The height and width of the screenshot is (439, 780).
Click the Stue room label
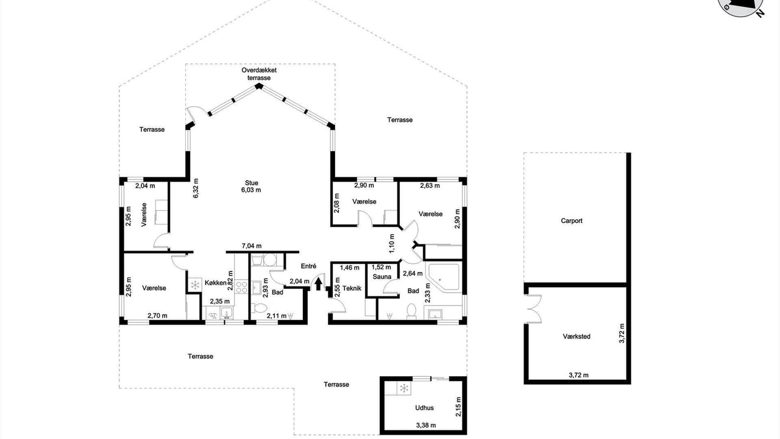click(x=252, y=183)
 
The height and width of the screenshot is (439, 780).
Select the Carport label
click(x=572, y=221)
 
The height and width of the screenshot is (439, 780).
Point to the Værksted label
click(x=576, y=337)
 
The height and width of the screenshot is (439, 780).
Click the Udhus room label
click(x=424, y=408)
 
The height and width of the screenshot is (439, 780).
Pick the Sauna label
click(x=382, y=277)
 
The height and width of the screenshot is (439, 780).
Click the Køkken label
click(x=216, y=283)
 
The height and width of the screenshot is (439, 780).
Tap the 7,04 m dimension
click(x=252, y=246)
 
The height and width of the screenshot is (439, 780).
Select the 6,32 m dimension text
click(x=196, y=188)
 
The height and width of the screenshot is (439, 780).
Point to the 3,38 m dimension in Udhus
click(x=426, y=425)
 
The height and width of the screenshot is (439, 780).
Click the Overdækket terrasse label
click(x=259, y=74)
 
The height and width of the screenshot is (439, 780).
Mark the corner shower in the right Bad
click(x=444, y=277)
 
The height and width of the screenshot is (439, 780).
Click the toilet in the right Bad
click(x=411, y=311)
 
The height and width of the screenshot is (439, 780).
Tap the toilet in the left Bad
click(x=259, y=308)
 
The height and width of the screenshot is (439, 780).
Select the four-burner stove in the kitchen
click(x=241, y=287)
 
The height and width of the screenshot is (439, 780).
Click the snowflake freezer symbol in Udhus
click(x=404, y=388)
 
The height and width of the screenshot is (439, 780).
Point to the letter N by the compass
click(x=760, y=13)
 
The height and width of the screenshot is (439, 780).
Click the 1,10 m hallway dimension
click(x=392, y=243)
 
